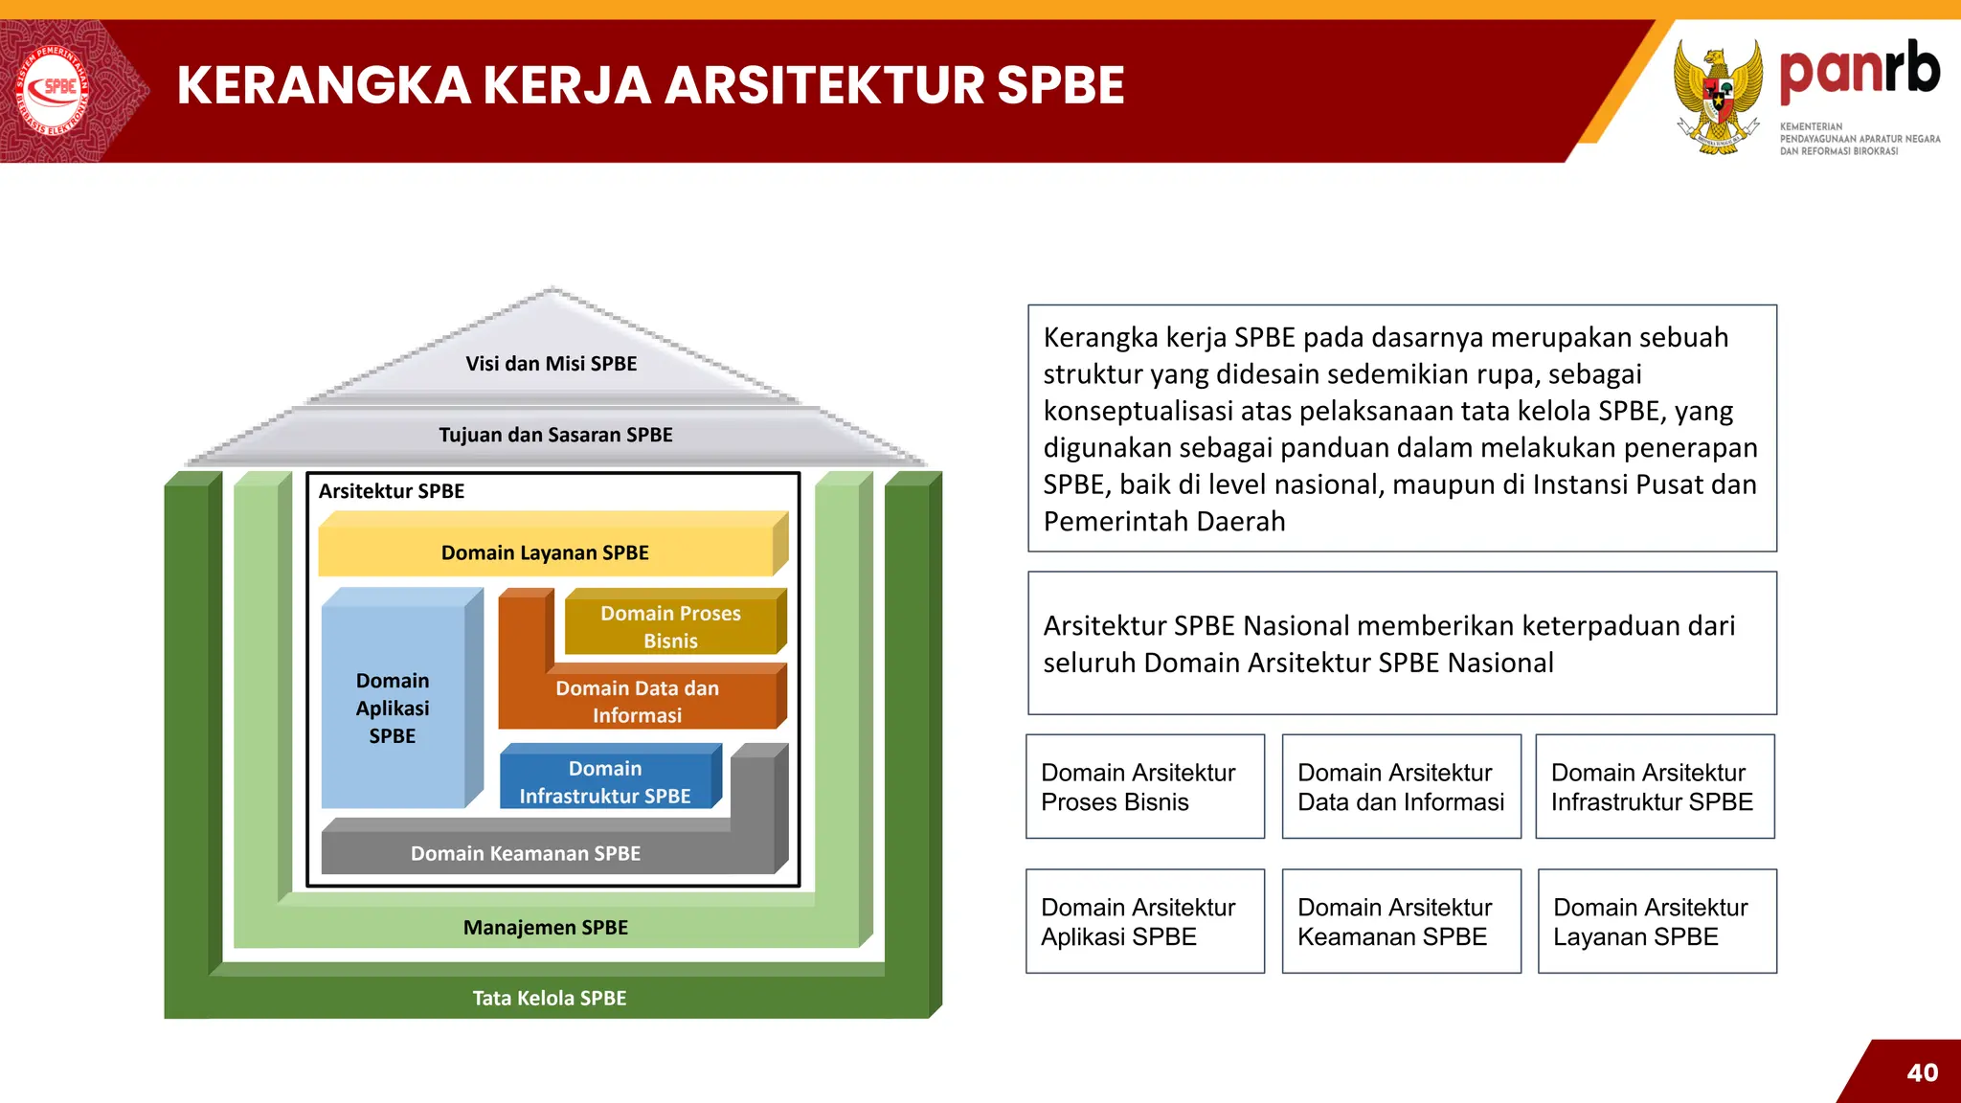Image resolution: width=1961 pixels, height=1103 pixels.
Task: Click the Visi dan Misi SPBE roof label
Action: click(551, 364)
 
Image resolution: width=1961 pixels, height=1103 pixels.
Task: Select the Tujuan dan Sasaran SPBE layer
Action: click(555, 435)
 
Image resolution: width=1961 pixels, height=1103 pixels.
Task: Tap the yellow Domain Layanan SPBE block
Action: click(545, 552)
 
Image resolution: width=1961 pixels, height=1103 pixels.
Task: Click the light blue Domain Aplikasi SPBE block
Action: click(393, 708)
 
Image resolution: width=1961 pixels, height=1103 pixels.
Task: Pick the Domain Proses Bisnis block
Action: click(670, 626)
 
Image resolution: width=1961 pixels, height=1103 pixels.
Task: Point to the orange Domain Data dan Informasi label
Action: click(637, 702)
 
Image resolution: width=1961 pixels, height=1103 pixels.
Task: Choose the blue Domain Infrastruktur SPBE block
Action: click(605, 781)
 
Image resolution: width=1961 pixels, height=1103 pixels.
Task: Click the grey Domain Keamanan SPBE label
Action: click(526, 853)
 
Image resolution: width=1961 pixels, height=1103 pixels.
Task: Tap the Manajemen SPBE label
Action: click(546, 927)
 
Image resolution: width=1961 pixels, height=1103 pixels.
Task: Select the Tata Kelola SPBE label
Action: click(550, 998)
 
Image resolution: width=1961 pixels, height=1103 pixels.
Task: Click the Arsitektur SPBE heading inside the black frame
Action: click(392, 491)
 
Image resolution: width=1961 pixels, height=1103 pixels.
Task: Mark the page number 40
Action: click(1922, 1072)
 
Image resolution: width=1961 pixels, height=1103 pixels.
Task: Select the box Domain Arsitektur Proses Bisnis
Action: click(1144, 787)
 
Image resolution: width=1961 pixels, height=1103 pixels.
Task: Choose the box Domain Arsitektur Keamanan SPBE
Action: click(1401, 921)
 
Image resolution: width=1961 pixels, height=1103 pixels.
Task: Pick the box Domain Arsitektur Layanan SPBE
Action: click(1657, 921)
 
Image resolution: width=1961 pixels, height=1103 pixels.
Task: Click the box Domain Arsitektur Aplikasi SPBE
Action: click(1144, 921)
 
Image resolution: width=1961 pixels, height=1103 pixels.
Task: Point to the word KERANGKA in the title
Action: click(324, 85)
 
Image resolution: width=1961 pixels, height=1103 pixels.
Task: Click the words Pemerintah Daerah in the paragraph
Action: click(1164, 522)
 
